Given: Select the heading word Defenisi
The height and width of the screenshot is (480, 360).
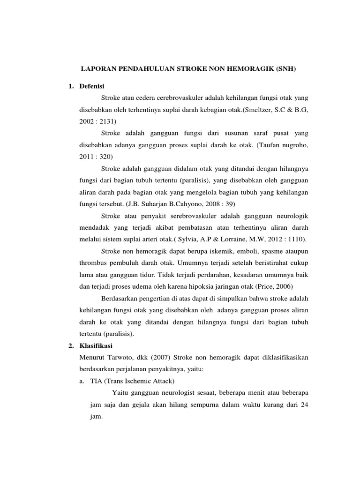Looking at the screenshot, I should (x=93, y=86).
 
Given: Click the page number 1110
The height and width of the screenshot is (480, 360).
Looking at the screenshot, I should (x=295, y=240).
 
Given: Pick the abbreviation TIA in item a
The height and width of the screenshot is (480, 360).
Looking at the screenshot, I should (x=96, y=381).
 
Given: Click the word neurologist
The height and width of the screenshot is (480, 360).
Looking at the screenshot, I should (x=172, y=393).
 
